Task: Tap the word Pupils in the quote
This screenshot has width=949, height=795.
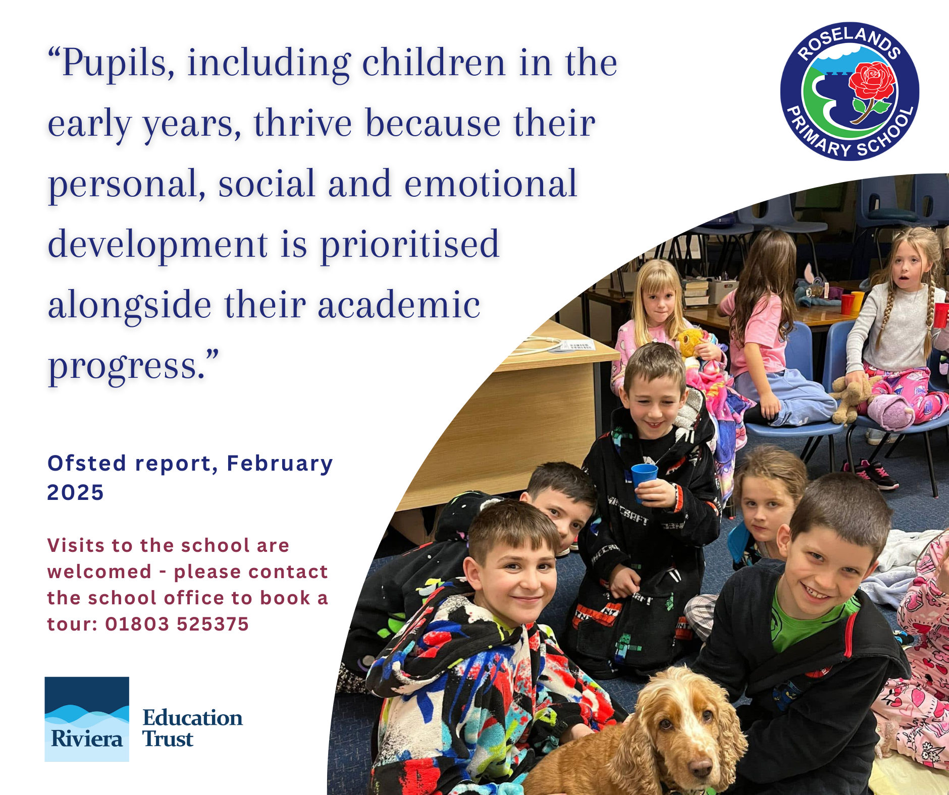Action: [118, 65]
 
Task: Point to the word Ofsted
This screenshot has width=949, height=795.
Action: [86, 463]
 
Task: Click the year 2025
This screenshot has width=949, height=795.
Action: [75, 492]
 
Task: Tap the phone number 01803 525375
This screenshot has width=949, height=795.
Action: [177, 624]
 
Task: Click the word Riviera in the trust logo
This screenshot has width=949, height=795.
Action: [87, 739]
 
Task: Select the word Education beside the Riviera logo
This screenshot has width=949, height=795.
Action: [192, 718]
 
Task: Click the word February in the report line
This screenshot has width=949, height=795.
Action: [280, 464]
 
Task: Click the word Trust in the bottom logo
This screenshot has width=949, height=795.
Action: [168, 739]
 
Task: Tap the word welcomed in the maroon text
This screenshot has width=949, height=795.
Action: [99, 572]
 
